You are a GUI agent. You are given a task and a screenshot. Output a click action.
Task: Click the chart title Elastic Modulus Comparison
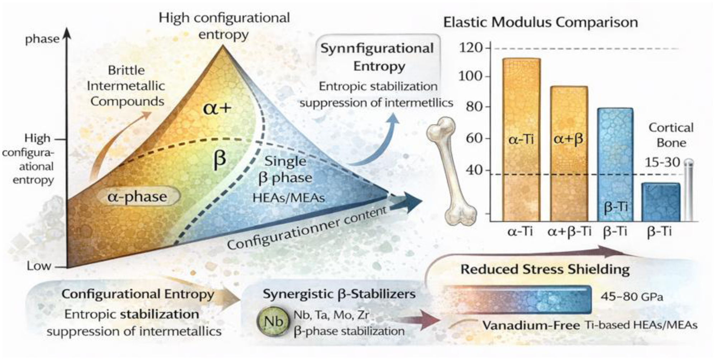click(540, 22)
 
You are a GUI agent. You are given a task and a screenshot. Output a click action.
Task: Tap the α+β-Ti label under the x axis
click(569, 232)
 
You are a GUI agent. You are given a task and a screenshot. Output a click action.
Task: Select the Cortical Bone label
click(671, 135)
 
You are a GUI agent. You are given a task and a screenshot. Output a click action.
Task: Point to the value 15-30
click(662, 162)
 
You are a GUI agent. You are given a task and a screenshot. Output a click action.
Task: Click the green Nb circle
click(273, 321)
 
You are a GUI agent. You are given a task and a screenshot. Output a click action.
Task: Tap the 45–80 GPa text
click(632, 297)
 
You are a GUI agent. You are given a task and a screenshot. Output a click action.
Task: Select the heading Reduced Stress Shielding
click(545, 270)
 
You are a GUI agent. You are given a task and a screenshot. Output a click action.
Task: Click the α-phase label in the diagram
click(137, 196)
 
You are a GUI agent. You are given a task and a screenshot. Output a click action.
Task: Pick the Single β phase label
click(285, 170)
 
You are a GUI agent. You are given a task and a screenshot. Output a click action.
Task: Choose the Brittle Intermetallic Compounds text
click(126, 86)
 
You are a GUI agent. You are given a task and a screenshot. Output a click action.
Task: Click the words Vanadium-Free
click(531, 325)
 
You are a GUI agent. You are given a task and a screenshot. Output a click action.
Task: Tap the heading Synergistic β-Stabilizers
click(339, 294)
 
